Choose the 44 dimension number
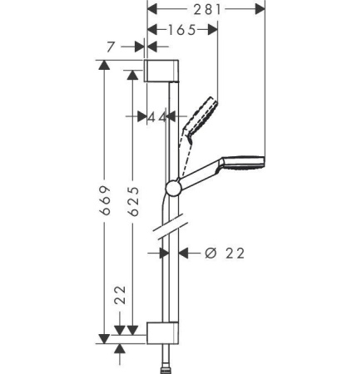156,118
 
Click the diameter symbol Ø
210,253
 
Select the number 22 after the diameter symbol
236,253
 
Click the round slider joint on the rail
171,189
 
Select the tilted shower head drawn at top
201,112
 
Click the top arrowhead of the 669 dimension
104,65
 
